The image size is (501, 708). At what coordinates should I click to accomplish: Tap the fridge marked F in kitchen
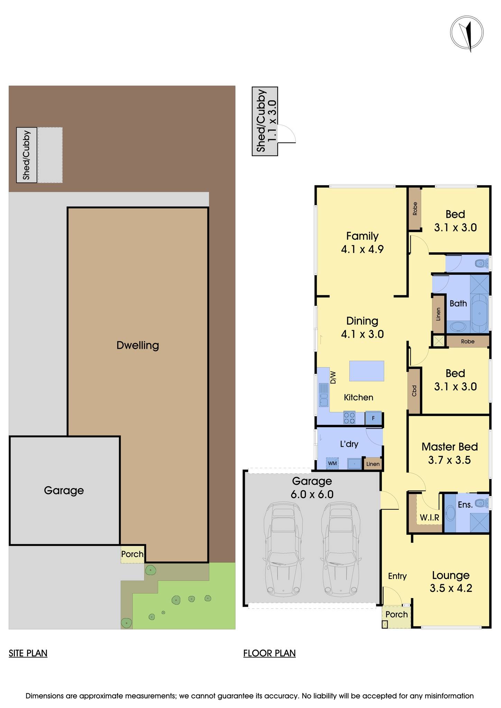[373, 418]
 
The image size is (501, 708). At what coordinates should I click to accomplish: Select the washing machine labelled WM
[332, 463]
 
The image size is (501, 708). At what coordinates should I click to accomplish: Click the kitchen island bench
[367, 371]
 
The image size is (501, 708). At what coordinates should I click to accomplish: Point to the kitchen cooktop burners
[349, 418]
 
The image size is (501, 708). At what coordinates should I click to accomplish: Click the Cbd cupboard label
[414, 391]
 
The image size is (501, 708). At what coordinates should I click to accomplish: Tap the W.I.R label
[429, 518]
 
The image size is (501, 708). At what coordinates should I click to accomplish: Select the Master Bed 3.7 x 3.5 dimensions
[449, 460]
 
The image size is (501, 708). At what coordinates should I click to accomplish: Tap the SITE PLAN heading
[28, 653]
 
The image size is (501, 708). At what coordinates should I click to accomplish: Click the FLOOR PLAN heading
[269, 653]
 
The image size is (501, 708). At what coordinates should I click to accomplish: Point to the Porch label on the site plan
[132, 554]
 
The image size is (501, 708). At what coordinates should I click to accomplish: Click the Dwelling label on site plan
[138, 345]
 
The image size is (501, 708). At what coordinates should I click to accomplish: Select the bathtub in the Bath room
[480, 312]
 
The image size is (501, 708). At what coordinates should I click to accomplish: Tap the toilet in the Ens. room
[480, 503]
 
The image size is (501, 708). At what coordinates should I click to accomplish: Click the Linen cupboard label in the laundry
[373, 464]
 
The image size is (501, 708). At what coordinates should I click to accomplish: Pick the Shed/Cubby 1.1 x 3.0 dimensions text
[272, 120]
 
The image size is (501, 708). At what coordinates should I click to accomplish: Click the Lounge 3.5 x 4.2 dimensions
[451, 588]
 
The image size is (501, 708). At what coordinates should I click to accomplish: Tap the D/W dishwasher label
[333, 377]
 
